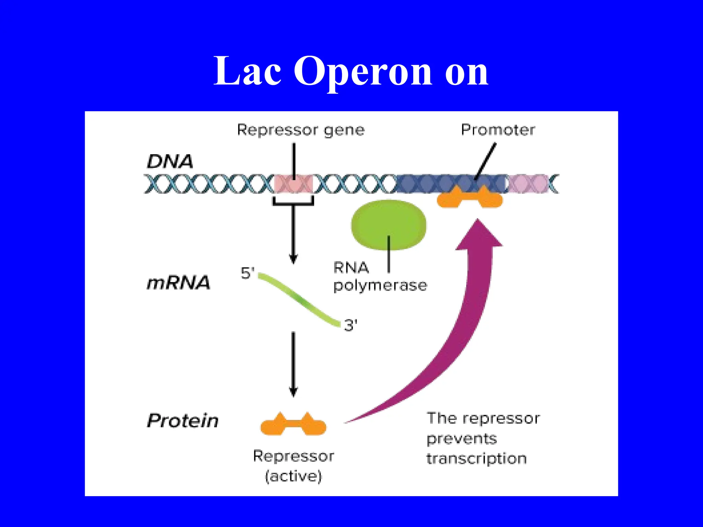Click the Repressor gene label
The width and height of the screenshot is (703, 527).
(x=301, y=130)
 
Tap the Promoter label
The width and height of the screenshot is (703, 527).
(x=498, y=130)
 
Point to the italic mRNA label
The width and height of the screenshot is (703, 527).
(x=178, y=283)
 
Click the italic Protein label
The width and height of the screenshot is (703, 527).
(x=183, y=421)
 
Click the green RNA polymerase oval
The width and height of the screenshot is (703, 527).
(x=388, y=223)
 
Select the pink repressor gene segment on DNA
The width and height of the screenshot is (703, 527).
(x=294, y=184)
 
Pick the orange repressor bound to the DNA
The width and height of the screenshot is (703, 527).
(x=470, y=198)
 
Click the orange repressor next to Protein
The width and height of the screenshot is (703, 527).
(x=293, y=425)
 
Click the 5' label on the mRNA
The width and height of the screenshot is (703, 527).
(x=247, y=273)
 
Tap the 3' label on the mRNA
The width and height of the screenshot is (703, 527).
(x=350, y=325)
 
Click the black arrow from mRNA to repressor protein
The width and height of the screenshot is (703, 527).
(x=293, y=364)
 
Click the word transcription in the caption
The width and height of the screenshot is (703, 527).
(x=476, y=459)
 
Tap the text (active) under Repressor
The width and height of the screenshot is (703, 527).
(x=293, y=476)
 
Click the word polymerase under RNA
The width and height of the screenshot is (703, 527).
(x=380, y=285)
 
